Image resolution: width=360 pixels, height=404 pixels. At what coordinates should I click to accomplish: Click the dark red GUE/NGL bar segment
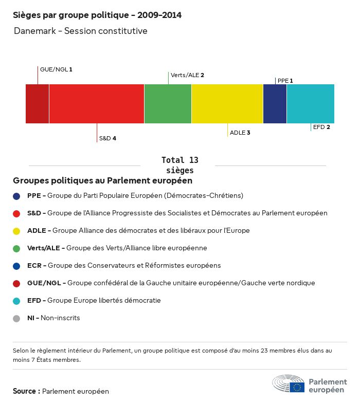click(x=37, y=104)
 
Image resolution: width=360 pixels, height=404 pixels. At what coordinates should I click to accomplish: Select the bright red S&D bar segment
click(x=97, y=104)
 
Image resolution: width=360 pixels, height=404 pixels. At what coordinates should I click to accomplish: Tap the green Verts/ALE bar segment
click(x=168, y=104)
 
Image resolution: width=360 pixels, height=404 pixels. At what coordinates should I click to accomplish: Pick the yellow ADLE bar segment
click(x=227, y=104)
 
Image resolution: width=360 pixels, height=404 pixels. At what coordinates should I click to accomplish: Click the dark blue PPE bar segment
click(x=275, y=104)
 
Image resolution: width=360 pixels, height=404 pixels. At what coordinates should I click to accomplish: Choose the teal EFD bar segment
click(x=311, y=104)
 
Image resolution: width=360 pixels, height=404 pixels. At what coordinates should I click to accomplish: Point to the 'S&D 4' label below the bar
click(x=107, y=138)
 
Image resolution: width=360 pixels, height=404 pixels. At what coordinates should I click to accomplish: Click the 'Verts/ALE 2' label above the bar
click(x=187, y=75)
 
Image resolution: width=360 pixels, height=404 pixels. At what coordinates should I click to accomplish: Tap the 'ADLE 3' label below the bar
click(x=240, y=133)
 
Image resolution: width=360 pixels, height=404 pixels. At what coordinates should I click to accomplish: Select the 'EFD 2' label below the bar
click(x=321, y=127)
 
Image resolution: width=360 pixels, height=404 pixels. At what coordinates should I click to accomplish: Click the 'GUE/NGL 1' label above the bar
click(x=56, y=69)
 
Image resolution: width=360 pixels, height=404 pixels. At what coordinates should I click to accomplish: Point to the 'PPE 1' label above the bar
click(x=285, y=81)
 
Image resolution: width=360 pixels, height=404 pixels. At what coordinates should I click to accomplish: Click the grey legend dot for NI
click(x=17, y=318)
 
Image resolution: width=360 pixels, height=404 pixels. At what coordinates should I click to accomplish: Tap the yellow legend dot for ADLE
click(x=17, y=231)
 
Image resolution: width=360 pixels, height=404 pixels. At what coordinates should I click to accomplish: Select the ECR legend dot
click(x=17, y=266)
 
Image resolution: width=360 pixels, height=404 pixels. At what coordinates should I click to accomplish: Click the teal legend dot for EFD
click(x=17, y=301)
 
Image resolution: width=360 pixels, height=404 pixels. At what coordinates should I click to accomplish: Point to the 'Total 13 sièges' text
click(x=179, y=165)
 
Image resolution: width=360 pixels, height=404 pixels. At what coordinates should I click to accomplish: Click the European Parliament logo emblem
click(x=289, y=383)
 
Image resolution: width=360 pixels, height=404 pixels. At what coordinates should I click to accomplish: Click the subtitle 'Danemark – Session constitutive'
click(x=81, y=31)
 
